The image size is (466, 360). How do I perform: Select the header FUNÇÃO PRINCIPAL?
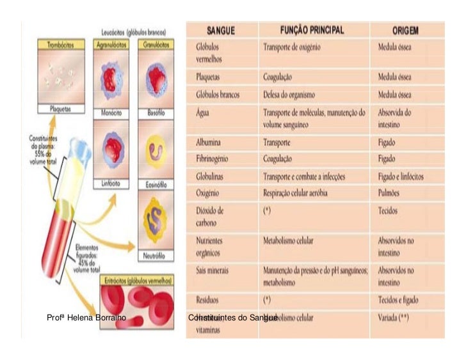312,31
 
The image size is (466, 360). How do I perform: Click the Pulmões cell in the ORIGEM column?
391,192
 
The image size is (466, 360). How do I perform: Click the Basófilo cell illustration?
156,80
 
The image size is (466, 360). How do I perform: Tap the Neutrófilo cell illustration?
156,218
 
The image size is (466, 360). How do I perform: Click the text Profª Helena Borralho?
86,317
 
